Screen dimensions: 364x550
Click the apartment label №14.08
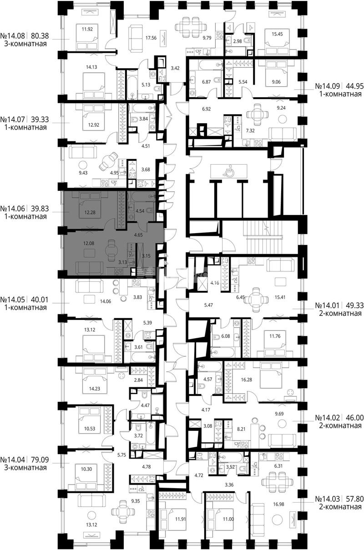13,36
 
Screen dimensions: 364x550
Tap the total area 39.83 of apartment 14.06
40,209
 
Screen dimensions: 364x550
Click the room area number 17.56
151,38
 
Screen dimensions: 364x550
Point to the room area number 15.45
277,35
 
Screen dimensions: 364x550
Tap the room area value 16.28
246,380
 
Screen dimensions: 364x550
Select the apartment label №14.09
328,86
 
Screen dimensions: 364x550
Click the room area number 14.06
105,301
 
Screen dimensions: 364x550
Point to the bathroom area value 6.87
206,82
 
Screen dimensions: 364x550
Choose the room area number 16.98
278,505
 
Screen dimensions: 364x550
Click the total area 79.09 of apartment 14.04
40,460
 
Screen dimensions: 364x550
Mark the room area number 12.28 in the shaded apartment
90,212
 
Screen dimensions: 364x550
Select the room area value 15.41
280,297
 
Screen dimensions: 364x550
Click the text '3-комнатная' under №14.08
25,44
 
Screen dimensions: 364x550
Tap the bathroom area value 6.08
225,336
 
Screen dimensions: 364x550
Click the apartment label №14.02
328,417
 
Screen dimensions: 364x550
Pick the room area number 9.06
276,82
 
